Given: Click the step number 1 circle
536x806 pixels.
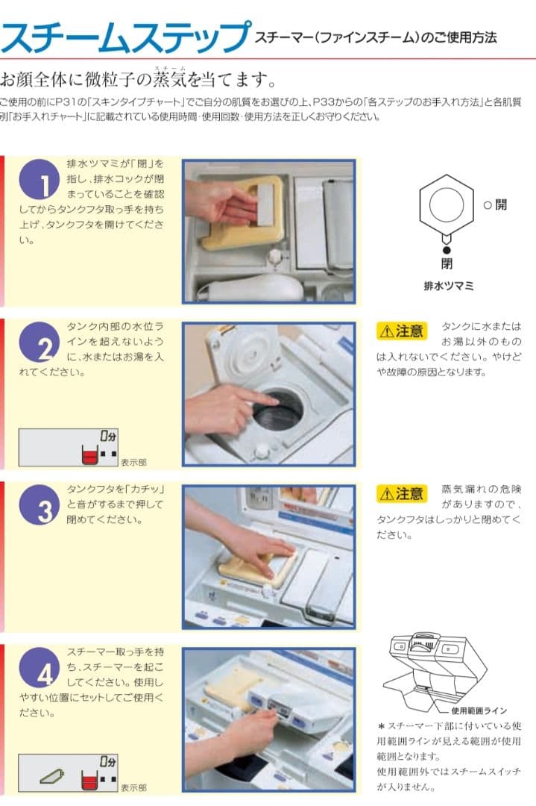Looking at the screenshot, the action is (40, 179).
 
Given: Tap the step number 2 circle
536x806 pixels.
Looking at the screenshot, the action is (40, 343).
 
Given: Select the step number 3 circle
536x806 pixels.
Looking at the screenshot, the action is (40, 504).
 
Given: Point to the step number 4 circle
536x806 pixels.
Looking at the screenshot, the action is (40, 668).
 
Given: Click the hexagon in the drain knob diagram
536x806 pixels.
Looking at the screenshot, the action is (446, 204).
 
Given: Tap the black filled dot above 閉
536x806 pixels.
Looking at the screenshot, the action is (447, 250).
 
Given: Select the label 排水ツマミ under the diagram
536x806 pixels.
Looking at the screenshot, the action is (449, 287).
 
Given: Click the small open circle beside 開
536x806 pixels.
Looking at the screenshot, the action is (488, 205).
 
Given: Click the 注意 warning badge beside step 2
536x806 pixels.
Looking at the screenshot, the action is (402, 331).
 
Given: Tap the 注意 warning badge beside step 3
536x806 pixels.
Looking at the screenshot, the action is (402, 493).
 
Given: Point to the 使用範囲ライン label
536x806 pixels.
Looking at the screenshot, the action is (479, 711).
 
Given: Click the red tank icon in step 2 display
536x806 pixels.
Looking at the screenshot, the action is (89, 455).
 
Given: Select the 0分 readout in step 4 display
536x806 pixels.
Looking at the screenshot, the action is (108, 761).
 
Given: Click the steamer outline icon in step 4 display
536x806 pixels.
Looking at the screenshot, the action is (52, 776).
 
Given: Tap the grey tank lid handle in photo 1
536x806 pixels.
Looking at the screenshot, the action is (266, 204).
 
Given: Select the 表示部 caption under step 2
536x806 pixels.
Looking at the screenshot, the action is (133, 462).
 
